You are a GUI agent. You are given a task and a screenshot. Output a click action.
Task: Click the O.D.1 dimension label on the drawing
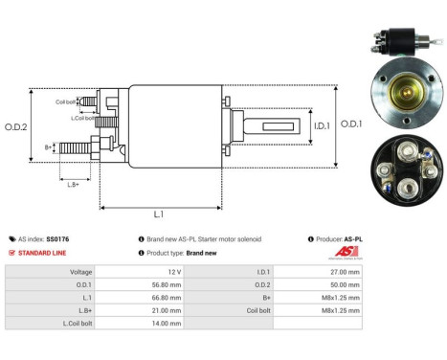350,124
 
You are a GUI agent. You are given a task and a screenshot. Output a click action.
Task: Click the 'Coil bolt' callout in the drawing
66,101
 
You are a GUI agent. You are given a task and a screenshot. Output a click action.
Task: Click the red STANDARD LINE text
47,253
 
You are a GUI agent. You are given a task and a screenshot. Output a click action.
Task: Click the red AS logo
346,252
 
